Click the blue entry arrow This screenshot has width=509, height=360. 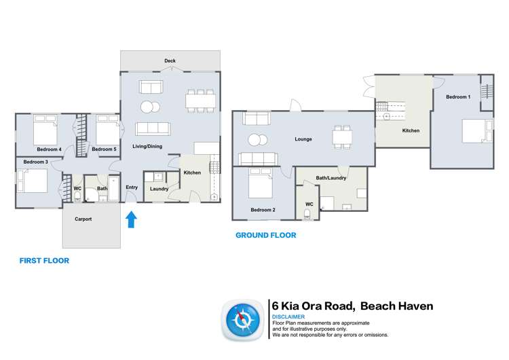[131, 219]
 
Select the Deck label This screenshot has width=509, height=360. [170, 61]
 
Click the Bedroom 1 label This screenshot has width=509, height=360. [458, 97]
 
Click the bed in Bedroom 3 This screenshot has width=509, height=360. [33, 181]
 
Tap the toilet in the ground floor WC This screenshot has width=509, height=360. [309, 214]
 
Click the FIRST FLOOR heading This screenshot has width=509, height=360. [44, 260]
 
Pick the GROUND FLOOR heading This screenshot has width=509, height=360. [265, 236]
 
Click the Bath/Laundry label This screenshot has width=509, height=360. [331, 179]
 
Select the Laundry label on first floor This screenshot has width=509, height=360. [159, 189]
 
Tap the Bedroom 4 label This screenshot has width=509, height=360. [49, 149]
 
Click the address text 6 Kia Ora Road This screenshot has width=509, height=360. [312, 306]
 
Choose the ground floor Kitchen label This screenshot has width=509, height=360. [411, 130]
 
